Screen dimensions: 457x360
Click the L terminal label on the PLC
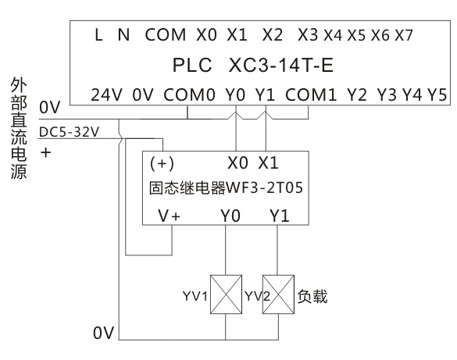[98, 35]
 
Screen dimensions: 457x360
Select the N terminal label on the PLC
[124, 35]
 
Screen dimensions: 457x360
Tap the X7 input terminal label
[404, 36]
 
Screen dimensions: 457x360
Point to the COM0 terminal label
[190, 95]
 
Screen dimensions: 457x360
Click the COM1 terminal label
[311, 95]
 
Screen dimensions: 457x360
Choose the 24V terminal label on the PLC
[106, 95]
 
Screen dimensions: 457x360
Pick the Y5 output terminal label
[437, 95]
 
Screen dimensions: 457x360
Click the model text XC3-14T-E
[281, 65]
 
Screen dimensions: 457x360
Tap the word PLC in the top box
[192, 65]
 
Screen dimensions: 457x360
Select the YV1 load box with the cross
[227, 294]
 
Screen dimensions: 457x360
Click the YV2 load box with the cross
[278, 294]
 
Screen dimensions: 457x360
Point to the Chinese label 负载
[312, 297]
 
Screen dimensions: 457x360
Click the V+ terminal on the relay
[170, 216]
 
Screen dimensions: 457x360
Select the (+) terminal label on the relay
[162, 163]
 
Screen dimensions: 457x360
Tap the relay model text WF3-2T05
[265, 187]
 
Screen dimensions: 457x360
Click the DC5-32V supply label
[69, 132]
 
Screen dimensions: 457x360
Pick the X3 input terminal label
[308, 35]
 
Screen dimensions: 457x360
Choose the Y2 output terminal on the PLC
[357, 95]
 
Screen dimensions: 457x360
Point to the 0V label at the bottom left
[104, 333]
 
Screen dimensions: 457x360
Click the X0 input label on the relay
[237, 163]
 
